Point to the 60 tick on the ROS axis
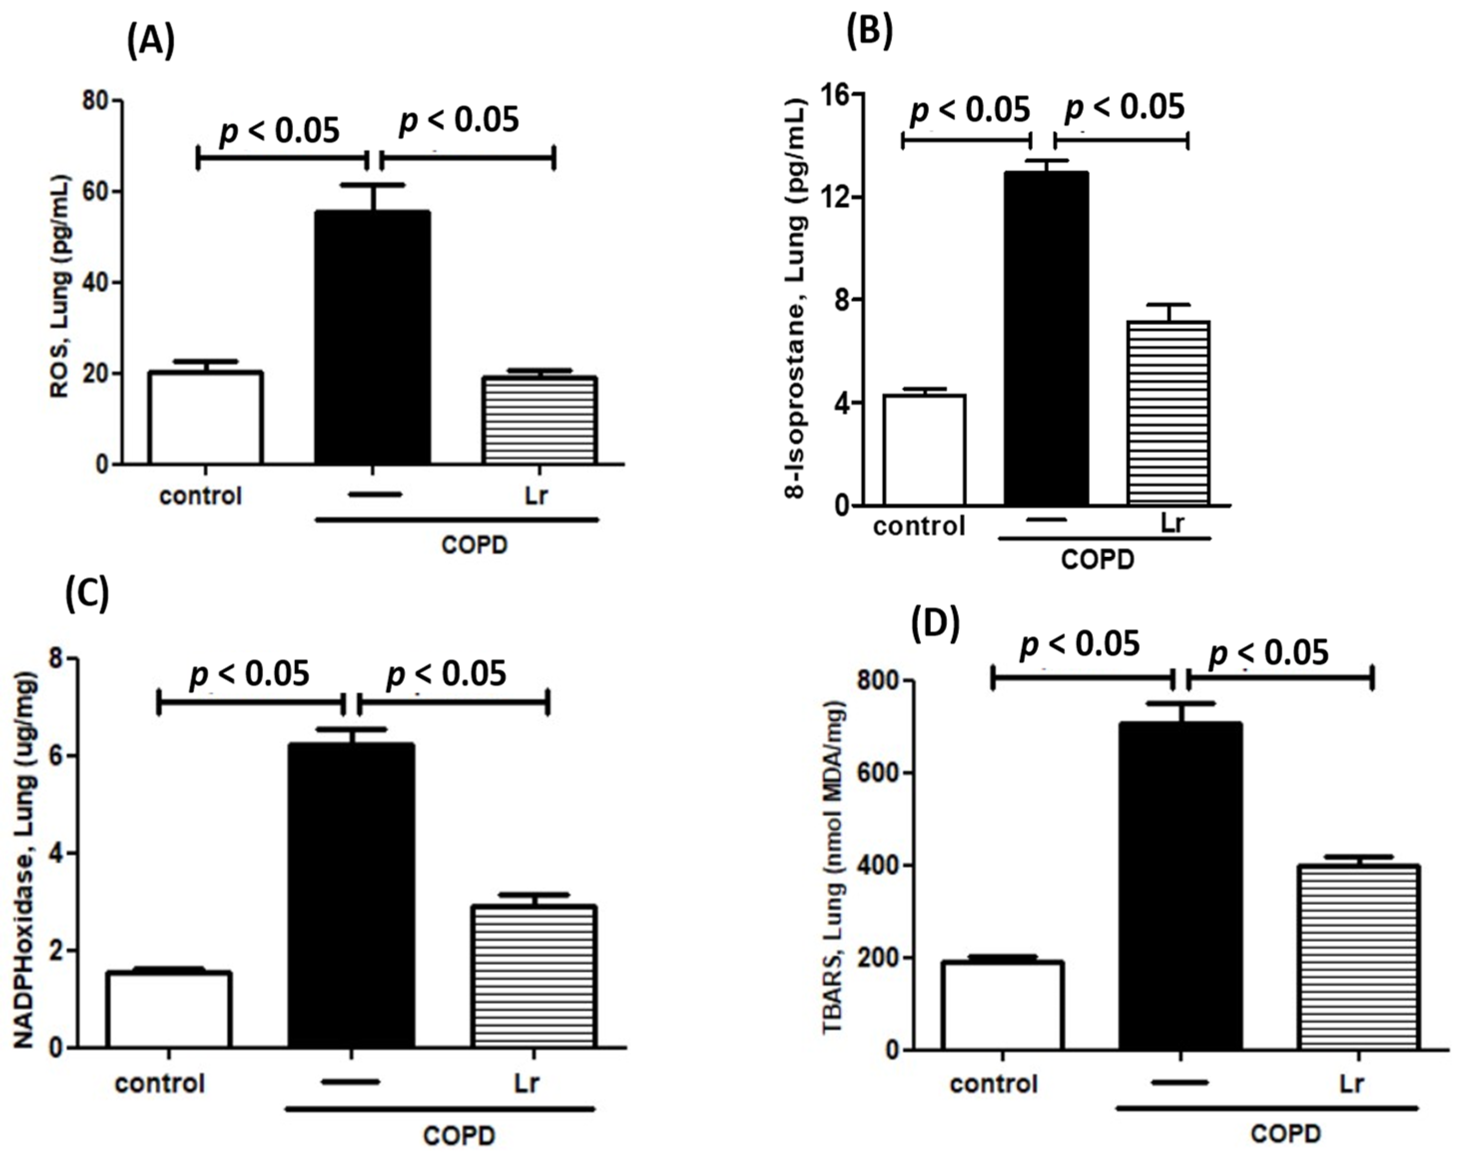click(96, 192)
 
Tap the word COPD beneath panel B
click(1097, 560)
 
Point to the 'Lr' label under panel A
click(536, 496)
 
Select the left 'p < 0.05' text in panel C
click(249, 674)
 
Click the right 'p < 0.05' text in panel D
click(1268, 653)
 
